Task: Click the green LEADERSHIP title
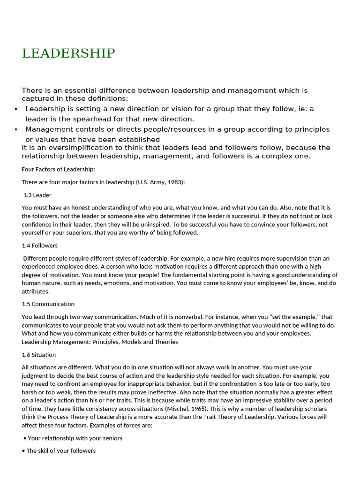tap(68, 53)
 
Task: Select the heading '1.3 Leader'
tap(37, 195)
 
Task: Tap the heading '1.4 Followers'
tap(40, 245)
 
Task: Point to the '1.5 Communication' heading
tap(48, 304)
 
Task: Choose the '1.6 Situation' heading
tap(38, 354)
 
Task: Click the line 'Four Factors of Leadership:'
tap(58, 169)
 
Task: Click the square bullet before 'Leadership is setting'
tap(16, 109)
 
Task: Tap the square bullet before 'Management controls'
tap(16, 129)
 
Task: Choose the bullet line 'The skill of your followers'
tap(61, 450)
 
